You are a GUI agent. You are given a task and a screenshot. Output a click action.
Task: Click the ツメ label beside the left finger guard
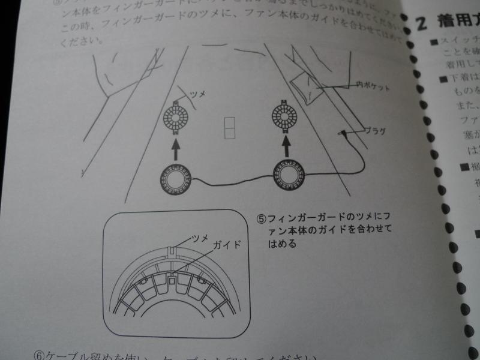coord(197,94)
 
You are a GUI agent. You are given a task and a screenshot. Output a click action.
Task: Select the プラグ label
coord(374,130)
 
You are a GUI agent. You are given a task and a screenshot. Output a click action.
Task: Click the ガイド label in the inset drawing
coord(227,246)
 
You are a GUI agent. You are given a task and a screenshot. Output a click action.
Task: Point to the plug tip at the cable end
coord(341,132)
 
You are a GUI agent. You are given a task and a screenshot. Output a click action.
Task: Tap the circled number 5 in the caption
coord(262,217)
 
